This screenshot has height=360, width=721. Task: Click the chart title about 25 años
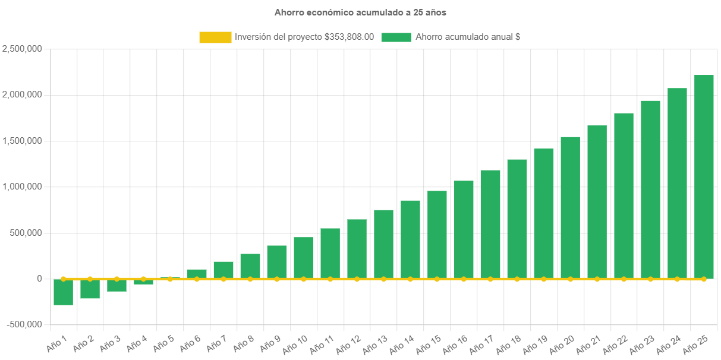[x=360, y=12]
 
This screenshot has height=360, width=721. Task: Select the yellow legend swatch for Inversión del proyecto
[x=215, y=37]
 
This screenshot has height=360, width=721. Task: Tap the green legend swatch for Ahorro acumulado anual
[x=396, y=37]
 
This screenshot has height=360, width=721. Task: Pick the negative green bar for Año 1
[x=63, y=292]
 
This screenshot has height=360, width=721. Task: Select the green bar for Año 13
[x=383, y=244]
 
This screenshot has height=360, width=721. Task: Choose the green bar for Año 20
[x=570, y=207]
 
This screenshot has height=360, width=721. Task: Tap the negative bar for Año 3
[x=117, y=285]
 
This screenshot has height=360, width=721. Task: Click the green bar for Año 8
[x=250, y=266]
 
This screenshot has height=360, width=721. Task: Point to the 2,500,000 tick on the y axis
[x=22, y=49]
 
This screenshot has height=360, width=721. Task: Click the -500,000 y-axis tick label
[x=24, y=324]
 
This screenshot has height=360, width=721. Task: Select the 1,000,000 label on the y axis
[x=22, y=187]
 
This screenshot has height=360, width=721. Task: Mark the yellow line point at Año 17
[x=490, y=279]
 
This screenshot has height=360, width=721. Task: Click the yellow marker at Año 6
[x=197, y=279]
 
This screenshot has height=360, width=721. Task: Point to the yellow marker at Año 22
[x=624, y=279]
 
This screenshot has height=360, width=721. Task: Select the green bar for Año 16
[x=464, y=229]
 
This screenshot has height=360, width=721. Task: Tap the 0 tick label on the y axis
[x=39, y=279]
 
